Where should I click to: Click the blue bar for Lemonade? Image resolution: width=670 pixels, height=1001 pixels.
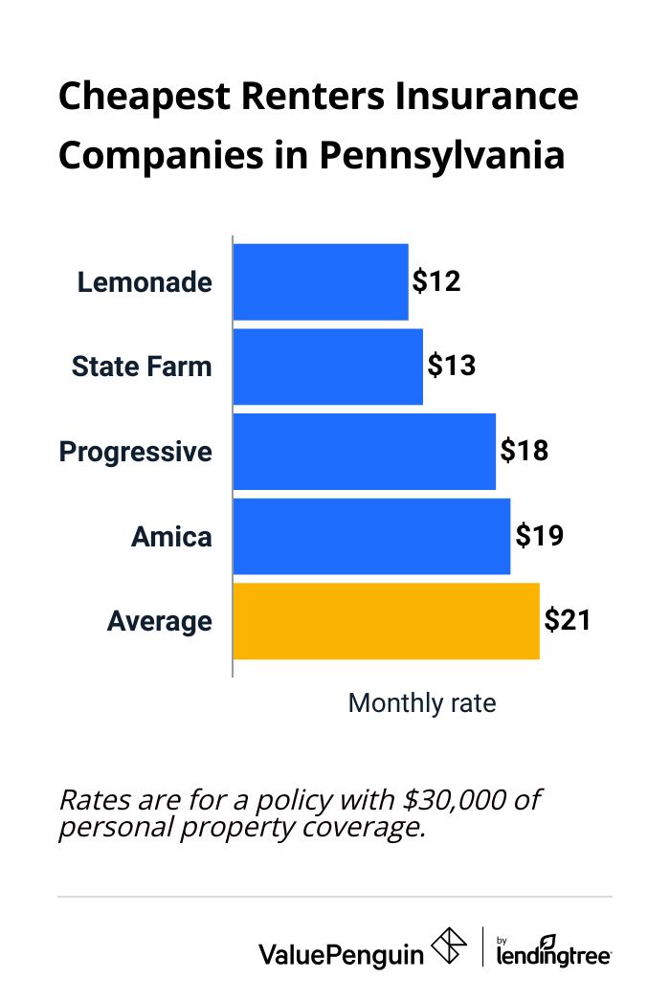click(x=321, y=282)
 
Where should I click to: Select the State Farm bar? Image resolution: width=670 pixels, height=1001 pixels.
click(x=328, y=367)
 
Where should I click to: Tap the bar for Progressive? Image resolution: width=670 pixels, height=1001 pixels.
click(x=365, y=451)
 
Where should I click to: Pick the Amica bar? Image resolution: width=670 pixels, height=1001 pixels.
click(x=371, y=536)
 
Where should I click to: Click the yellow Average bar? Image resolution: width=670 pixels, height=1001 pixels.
click(x=386, y=621)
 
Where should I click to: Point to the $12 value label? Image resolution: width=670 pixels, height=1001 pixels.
click(x=436, y=282)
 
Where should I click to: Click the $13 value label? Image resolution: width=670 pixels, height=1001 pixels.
click(x=451, y=367)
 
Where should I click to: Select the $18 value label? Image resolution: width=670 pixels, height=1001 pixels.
click(x=524, y=451)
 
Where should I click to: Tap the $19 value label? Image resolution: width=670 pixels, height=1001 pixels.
click(x=539, y=536)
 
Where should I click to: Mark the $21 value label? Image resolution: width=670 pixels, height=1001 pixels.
click(x=568, y=621)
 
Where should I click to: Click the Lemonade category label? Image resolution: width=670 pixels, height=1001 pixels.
click(x=145, y=283)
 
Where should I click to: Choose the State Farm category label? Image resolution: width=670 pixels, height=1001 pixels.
click(x=142, y=367)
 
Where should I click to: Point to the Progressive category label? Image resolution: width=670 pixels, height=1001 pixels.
click(x=136, y=452)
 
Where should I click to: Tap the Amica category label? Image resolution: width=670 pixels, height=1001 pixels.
click(x=171, y=537)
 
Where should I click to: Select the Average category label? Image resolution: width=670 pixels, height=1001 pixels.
click(x=160, y=622)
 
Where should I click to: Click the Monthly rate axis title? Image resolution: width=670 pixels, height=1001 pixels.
click(x=422, y=703)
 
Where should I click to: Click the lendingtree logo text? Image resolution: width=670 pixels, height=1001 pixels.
click(x=554, y=953)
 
